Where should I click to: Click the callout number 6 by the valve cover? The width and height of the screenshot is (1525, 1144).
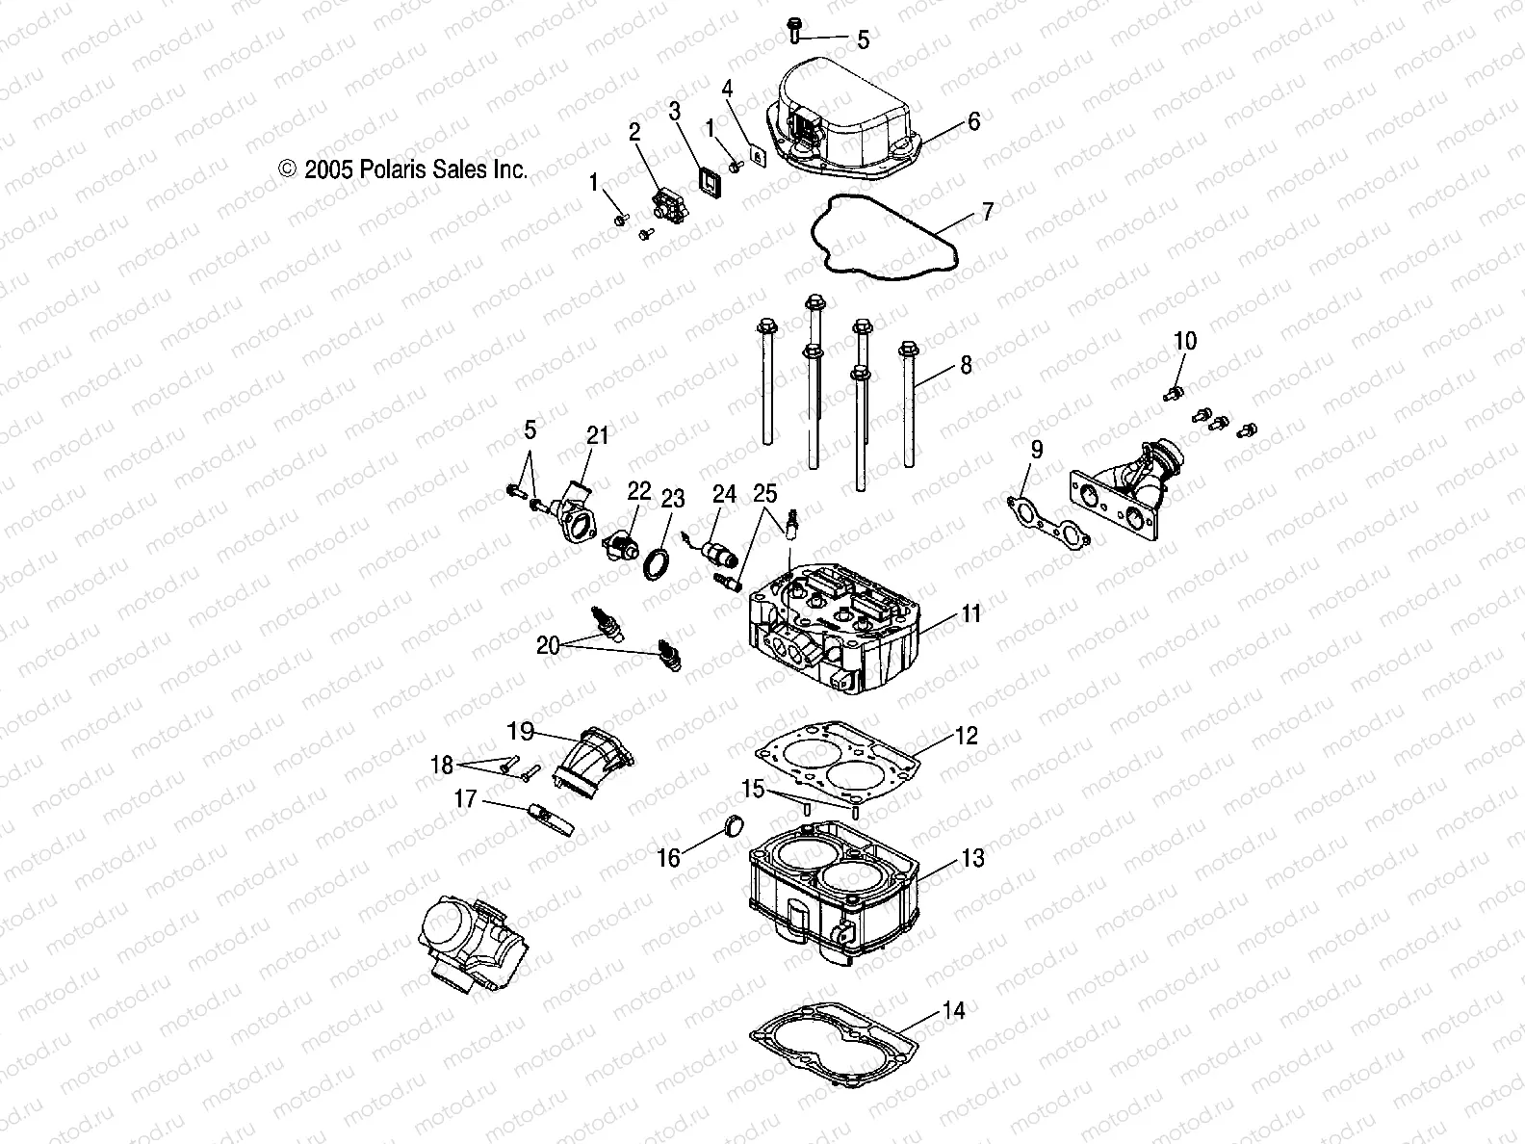click(x=973, y=121)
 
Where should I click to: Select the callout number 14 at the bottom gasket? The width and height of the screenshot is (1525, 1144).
click(x=953, y=1011)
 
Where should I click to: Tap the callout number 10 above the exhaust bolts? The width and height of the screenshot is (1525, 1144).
click(x=1185, y=341)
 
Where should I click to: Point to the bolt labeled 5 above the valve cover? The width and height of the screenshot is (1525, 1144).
click(x=795, y=30)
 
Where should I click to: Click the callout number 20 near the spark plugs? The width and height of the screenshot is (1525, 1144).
click(x=548, y=646)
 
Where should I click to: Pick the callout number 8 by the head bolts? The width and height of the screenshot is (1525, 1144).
click(x=966, y=366)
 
